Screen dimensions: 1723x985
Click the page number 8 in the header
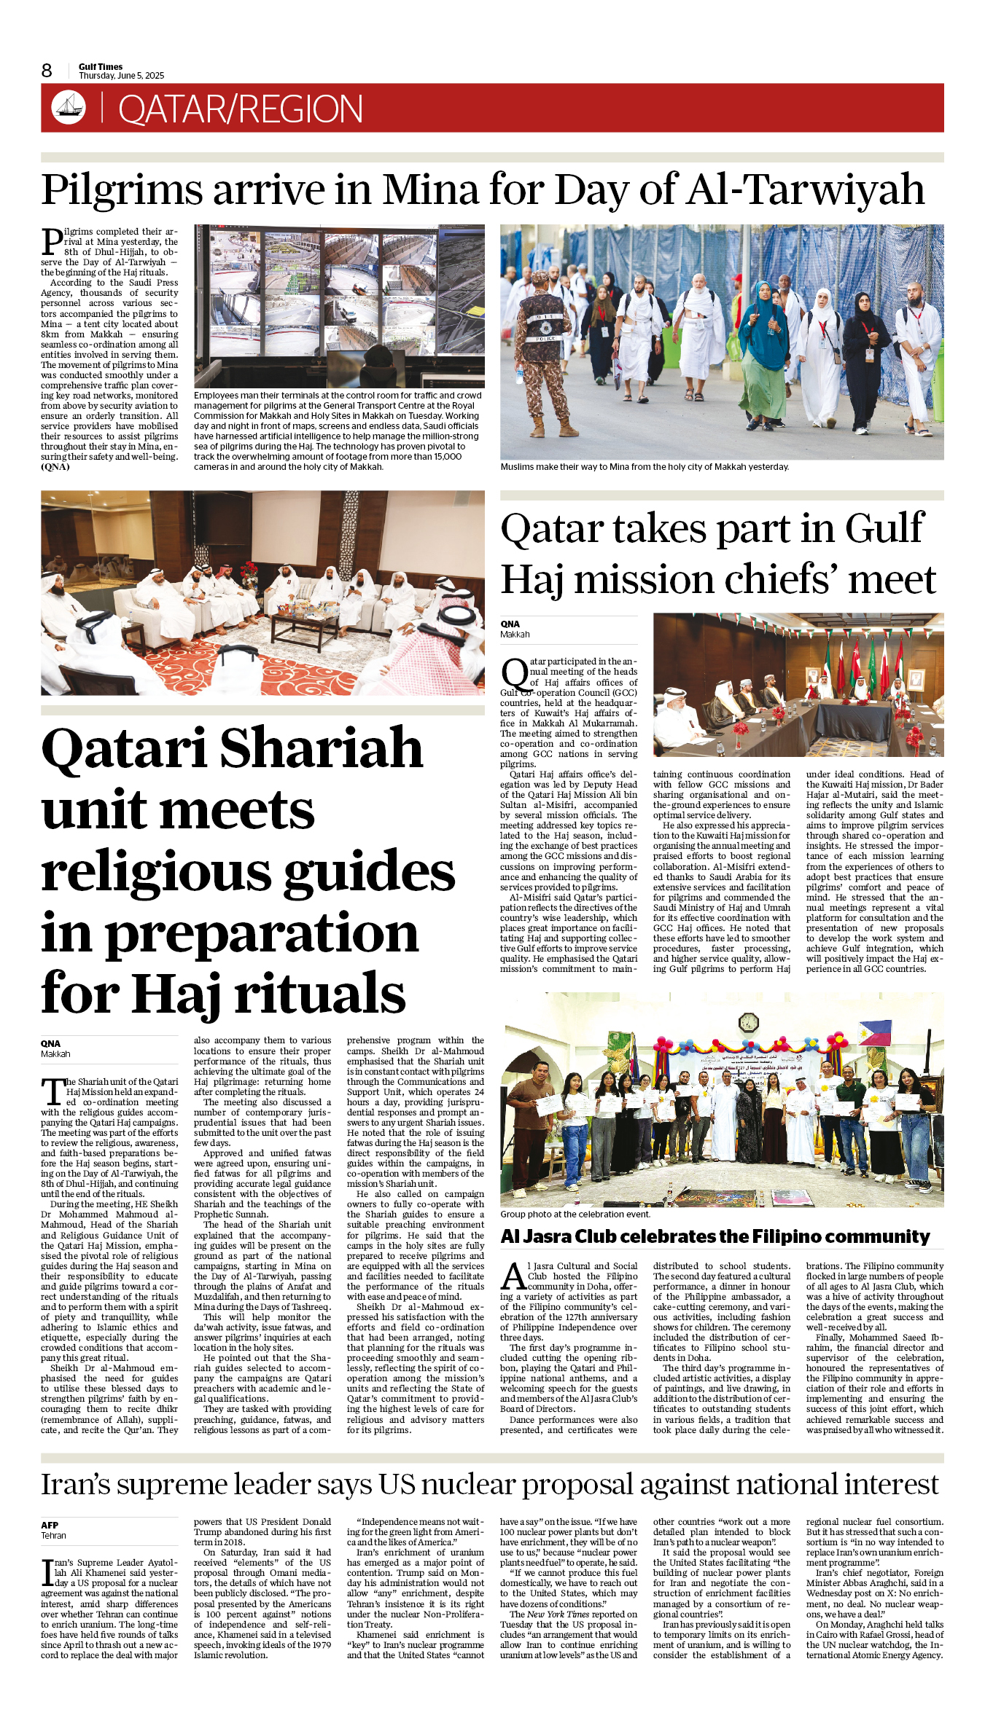click(47, 71)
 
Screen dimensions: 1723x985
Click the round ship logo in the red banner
click(69, 107)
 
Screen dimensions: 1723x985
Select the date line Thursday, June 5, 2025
click(121, 76)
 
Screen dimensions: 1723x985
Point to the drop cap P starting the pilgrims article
click(52, 240)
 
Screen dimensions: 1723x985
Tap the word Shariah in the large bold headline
click(321, 749)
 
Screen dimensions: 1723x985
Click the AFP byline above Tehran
click(50, 1525)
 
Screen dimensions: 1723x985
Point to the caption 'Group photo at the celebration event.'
click(575, 1214)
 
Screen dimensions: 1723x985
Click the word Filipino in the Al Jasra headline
click(793, 1236)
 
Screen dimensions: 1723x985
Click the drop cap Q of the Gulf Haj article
click(514, 675)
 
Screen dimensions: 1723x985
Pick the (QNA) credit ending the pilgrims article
click(55, 467)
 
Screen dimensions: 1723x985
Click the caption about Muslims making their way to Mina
click(645, 467)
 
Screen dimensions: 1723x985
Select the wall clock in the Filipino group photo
click(749, 1024)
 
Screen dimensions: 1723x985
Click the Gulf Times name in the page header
click(101, 66)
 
